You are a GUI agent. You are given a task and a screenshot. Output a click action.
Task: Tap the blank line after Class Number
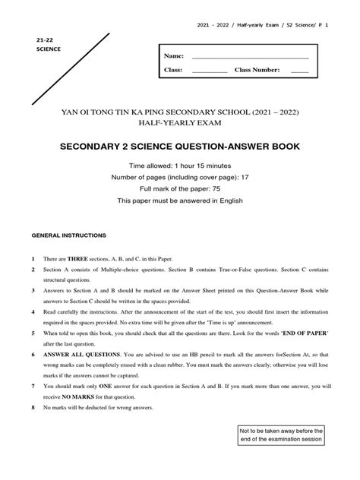(299, 71)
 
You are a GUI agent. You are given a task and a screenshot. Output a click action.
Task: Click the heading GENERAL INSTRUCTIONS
(68, 236)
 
